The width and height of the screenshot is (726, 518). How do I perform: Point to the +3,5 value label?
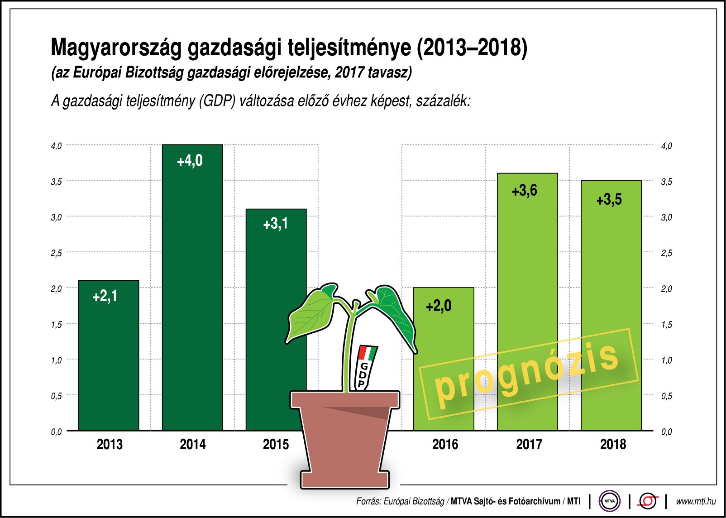[x=609, y=200]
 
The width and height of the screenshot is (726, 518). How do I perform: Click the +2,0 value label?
[x=439, y=307]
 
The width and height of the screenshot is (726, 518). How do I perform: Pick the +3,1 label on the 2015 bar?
[x=275, y=224]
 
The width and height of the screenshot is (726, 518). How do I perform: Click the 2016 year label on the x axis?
[x=445, y=444]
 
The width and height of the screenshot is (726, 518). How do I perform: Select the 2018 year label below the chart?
[x=613, y=444]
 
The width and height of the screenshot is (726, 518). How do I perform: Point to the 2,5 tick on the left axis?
[x=56, y=253]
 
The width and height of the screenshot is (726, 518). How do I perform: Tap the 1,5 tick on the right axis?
[x=667, y=325]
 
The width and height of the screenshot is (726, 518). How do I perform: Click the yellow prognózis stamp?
[x=527, y=374]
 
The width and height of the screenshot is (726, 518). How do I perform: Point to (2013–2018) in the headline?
[x=472, y=48]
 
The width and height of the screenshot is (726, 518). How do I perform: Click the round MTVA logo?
[x=609, y=501]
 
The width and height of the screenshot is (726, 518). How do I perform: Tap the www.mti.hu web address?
[x=696, y=501]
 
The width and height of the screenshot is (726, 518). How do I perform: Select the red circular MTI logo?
[x=648, y=501]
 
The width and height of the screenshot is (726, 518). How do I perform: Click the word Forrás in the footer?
[x=368, y=501]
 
